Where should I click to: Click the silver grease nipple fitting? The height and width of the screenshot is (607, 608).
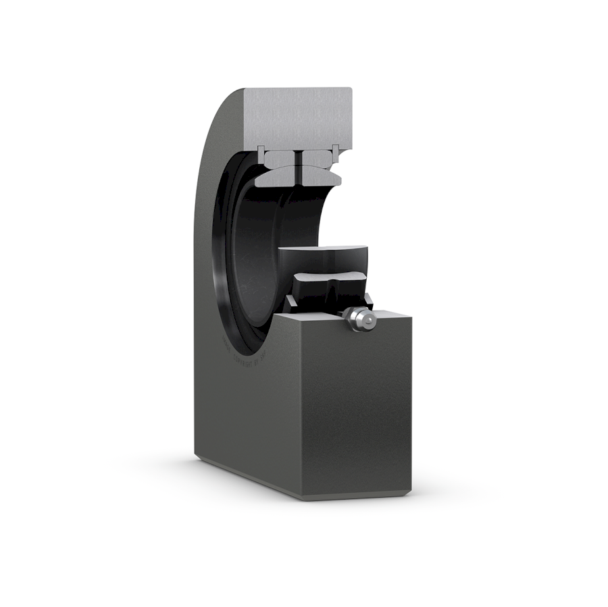coord(358,318)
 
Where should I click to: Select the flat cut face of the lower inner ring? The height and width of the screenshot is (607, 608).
coord(323,259)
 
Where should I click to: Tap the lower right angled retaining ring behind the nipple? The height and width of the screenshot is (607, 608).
coord(368,298)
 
